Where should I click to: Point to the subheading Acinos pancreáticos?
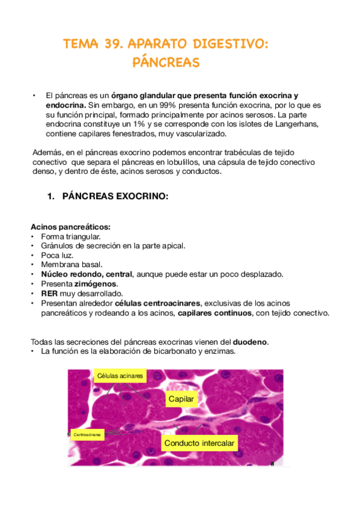click(70, 227)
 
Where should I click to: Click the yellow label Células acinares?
click(120, 376)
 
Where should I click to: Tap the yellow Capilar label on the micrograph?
click(182, 399)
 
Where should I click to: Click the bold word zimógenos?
click(100, 284)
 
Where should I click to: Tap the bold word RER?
click(49, 293)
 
